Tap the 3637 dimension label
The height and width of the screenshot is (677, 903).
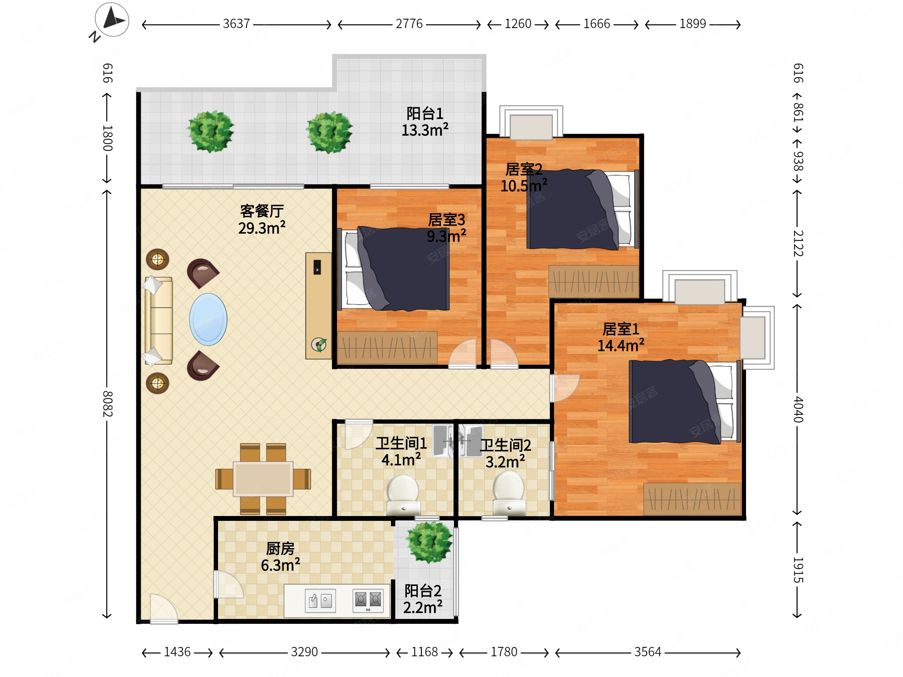click(236, 24)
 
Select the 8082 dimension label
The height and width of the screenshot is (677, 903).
click(107, 404)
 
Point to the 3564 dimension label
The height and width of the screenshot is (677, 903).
click(648, 652)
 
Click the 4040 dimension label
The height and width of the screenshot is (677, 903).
click(798, 409)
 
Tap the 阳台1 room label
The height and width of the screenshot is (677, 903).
click(425, 113)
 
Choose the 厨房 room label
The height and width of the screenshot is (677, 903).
click(280, 549)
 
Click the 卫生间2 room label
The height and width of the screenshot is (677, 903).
click(505, 445)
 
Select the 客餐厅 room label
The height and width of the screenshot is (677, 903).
click(262, 211)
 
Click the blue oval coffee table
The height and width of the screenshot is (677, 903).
click(208, 320)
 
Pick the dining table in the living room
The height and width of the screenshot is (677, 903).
click(263, 479)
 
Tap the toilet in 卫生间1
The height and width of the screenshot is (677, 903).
click(404, 495)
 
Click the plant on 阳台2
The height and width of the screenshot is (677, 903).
click(429, 542)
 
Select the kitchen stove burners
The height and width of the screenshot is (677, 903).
click(368, 600)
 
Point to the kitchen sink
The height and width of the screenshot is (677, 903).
click(321, 601)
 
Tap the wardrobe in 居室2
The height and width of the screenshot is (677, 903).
click(593, 281)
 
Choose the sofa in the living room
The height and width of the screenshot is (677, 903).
click(158, 320)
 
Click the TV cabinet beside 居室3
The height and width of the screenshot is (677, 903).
click(318, 306)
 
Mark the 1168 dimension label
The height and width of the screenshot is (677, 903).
click(424, 652)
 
